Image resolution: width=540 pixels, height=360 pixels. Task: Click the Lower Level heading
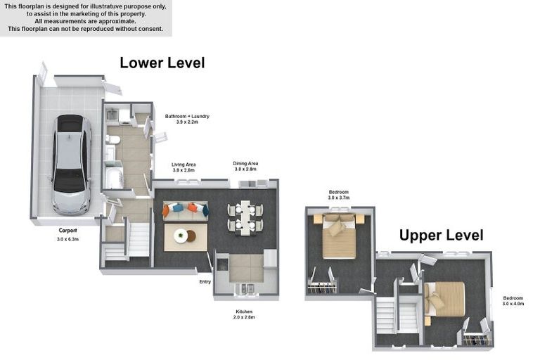coord(162,63)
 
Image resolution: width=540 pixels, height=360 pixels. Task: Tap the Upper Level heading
coord(441,236)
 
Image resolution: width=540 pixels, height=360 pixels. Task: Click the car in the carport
coord(72,165)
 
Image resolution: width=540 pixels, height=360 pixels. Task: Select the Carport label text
coord(67,231)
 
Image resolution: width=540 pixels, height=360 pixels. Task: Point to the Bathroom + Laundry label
coord(187,117)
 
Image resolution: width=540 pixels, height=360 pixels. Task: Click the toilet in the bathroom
coord(112,139)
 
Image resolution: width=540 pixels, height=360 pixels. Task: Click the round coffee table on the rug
coord(181,236)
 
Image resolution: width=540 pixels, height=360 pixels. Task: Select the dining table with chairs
coord(245,218)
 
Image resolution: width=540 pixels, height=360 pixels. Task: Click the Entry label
coord(205,282)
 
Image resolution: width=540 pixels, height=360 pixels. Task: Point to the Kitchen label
coord(244,311)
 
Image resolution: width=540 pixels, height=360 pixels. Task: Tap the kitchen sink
coord(245,289)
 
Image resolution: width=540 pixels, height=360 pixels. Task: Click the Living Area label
coord(184,165)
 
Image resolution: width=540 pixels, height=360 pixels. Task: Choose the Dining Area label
coord(245,164)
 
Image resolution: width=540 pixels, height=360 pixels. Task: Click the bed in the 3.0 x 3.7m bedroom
coord(339,236)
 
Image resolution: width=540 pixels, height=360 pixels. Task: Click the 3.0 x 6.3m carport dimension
coord(67,239)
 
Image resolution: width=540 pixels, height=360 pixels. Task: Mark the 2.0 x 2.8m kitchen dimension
coord(244,317)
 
